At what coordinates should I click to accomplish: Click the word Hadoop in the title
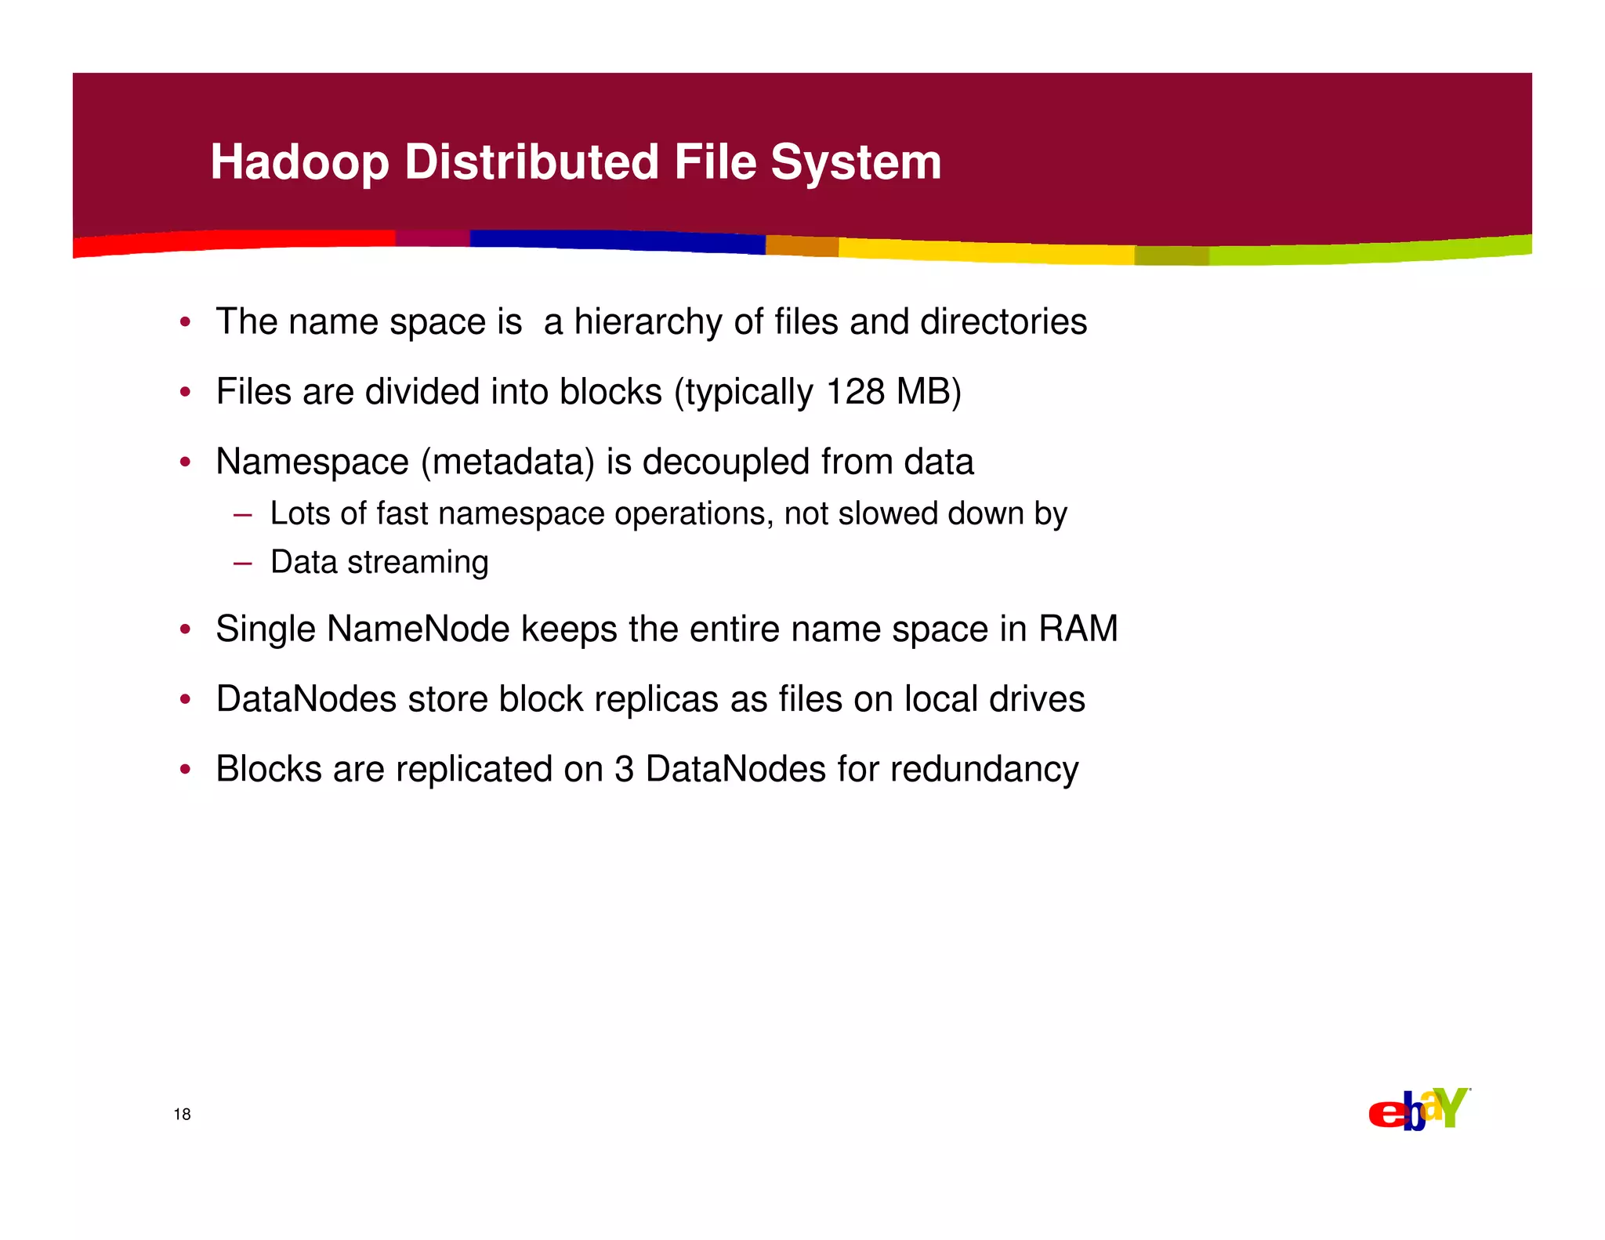coord(299,162)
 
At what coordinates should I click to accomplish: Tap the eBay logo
coord(1418,1110)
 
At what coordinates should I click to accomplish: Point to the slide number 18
coord(182,1115)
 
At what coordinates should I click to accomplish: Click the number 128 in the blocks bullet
coord(855,391)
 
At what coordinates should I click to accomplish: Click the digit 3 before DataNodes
coord(624,769)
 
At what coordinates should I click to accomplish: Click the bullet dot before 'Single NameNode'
coord(185,629)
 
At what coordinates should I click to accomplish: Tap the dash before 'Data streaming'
coord(242,563)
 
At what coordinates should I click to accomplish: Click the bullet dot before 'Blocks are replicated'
coord(185,770)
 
